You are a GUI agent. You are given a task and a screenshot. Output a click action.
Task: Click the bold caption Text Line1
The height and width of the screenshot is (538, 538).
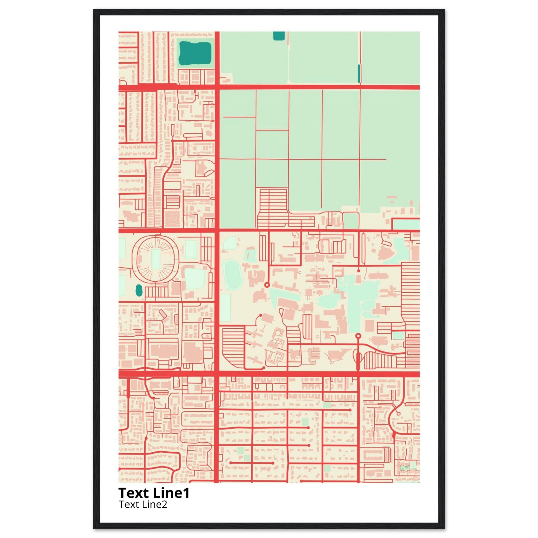[154, 493]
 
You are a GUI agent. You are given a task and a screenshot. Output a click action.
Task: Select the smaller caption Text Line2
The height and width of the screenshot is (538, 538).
[143, 504]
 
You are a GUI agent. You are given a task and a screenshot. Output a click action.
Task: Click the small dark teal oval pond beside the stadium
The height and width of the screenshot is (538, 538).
[138, 291]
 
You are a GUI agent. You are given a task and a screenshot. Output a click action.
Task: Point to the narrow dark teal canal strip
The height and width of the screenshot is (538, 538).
[359, 74]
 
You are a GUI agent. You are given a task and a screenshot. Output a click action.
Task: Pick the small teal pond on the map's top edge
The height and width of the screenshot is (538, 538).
[279, 36]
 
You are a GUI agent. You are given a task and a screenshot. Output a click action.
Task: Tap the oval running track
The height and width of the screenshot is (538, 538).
[233, 274]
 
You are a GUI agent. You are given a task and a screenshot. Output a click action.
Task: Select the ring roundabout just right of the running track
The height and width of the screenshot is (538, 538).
[267, 285]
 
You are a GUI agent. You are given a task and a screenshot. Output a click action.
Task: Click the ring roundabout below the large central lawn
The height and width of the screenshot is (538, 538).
[358, 335]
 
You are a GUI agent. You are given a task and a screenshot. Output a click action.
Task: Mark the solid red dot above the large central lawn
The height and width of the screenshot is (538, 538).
[358, 271]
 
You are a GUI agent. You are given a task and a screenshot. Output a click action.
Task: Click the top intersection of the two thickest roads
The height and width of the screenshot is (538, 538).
[217, 87]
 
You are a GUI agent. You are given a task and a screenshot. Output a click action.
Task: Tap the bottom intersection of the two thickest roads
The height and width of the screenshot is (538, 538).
[217, 374]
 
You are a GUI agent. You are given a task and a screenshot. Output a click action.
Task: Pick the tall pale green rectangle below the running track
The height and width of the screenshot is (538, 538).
[225, 308]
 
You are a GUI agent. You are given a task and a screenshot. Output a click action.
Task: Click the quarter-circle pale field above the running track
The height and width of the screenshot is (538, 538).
[230, 243]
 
